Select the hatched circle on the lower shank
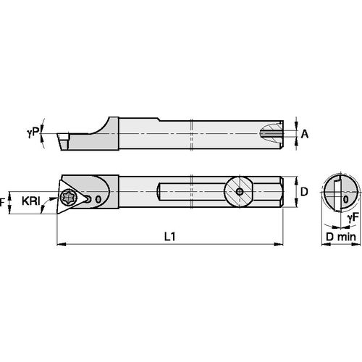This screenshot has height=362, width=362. (x=240, y=193)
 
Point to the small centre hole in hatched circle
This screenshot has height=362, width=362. (x=240, y=193)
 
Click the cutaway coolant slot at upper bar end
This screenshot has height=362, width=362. (x=271, y=133)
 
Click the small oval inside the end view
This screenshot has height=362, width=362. (x=346, y=197)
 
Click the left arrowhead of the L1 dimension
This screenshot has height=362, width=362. (x=58, y=243)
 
